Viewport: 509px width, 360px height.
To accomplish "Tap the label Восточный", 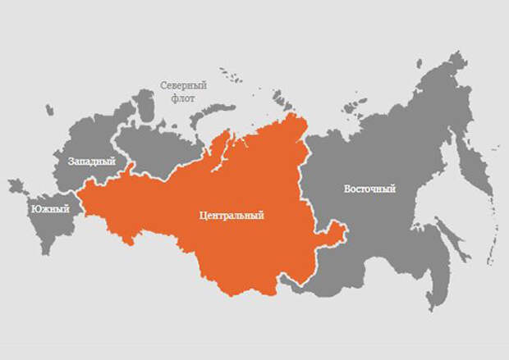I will click(x=369, y=189).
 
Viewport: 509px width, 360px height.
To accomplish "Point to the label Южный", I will click(x=50, y=210).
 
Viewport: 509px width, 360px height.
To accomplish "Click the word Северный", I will click(x=182, y=84).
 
